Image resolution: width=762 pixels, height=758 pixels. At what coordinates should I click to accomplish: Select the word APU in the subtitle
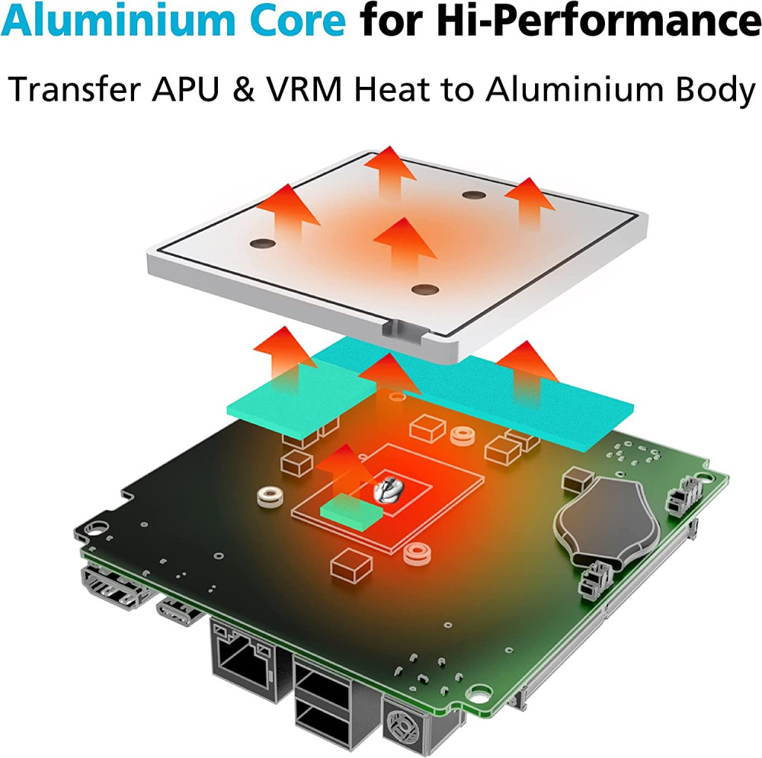point(185,89)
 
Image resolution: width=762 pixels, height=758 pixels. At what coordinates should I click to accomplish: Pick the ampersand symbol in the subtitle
point(243,89)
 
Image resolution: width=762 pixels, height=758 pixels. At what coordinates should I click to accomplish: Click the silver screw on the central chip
point(387,489)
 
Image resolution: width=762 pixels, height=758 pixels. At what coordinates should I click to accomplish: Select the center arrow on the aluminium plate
point(405,245)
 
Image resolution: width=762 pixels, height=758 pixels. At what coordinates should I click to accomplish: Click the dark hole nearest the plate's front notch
point(425,290)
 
